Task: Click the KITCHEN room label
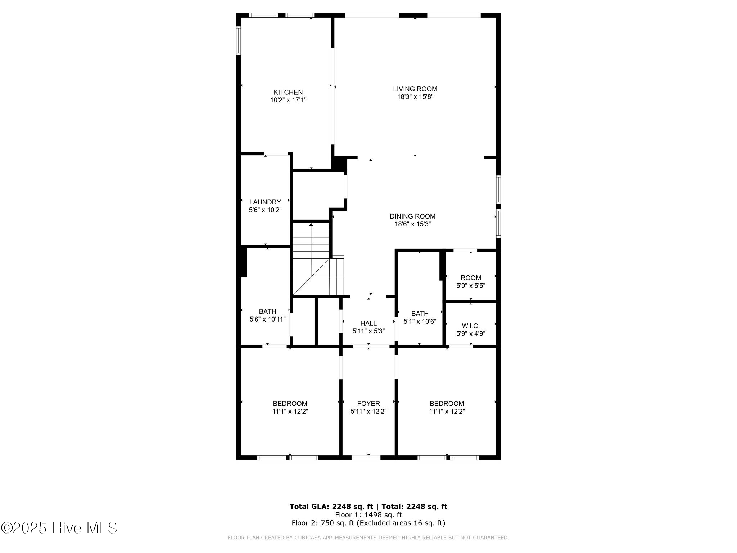click(x=288, y=92)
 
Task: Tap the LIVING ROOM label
click(x=415, y=89)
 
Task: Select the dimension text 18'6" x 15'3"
click(x=412, y=224)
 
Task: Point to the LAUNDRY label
click(x=265, y=202)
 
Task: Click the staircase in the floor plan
click(x=312, y=259)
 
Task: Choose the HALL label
click(x=368, y=323)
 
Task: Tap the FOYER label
click(x=368, y=404)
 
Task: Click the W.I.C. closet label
click(x=470, y=326)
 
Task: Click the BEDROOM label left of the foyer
click(x=290, y=404)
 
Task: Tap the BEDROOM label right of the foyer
click(x=447, y=404)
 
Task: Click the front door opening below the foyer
click(x=366, y=458)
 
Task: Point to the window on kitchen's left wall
click(x=238, y=40)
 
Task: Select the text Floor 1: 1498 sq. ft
click(x=368, y=515)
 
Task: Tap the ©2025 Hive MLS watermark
click(x=59, y=528)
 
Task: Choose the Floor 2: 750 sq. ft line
click(x=368, y=523)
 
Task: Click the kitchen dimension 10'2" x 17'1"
click(x=288, y=100)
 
